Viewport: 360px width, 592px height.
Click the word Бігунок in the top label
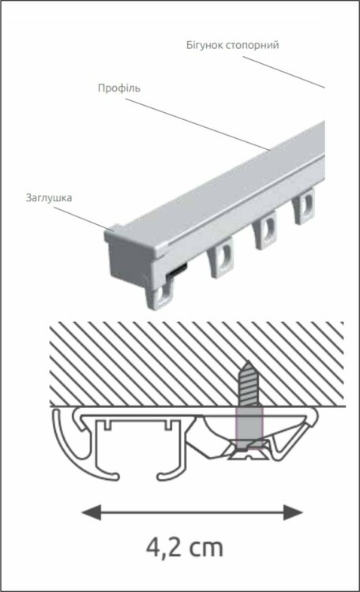pos(204,45)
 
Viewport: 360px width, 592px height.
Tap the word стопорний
pos(253,45)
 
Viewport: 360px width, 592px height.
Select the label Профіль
pos(119,88)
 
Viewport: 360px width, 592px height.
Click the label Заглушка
pos(49,198)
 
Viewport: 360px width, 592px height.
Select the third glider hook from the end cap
pos(264,230)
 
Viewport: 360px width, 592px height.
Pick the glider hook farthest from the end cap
pos(303,206)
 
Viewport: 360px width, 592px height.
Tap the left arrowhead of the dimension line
pos(92,512)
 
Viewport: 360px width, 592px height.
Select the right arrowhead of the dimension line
pos(293,512)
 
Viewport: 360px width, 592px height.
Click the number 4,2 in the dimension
pos(164,548)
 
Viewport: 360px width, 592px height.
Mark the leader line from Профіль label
pos(198,125)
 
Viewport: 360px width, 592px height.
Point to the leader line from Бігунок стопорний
pos(283,72)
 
